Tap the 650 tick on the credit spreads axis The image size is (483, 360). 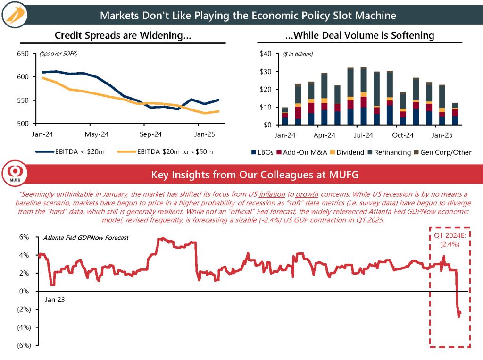(x=23, y=54)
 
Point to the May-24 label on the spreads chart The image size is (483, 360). (x=97, y=134)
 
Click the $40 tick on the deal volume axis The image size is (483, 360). (x=266, y=54)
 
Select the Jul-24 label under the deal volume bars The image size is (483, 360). (x=364, y=134)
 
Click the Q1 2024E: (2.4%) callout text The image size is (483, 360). (x=449, y=240)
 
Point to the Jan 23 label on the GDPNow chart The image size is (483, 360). (x=54, y=299)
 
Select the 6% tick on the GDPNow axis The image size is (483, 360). (x=24, y=237)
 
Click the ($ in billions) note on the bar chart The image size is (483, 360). (x=298, y=54)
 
